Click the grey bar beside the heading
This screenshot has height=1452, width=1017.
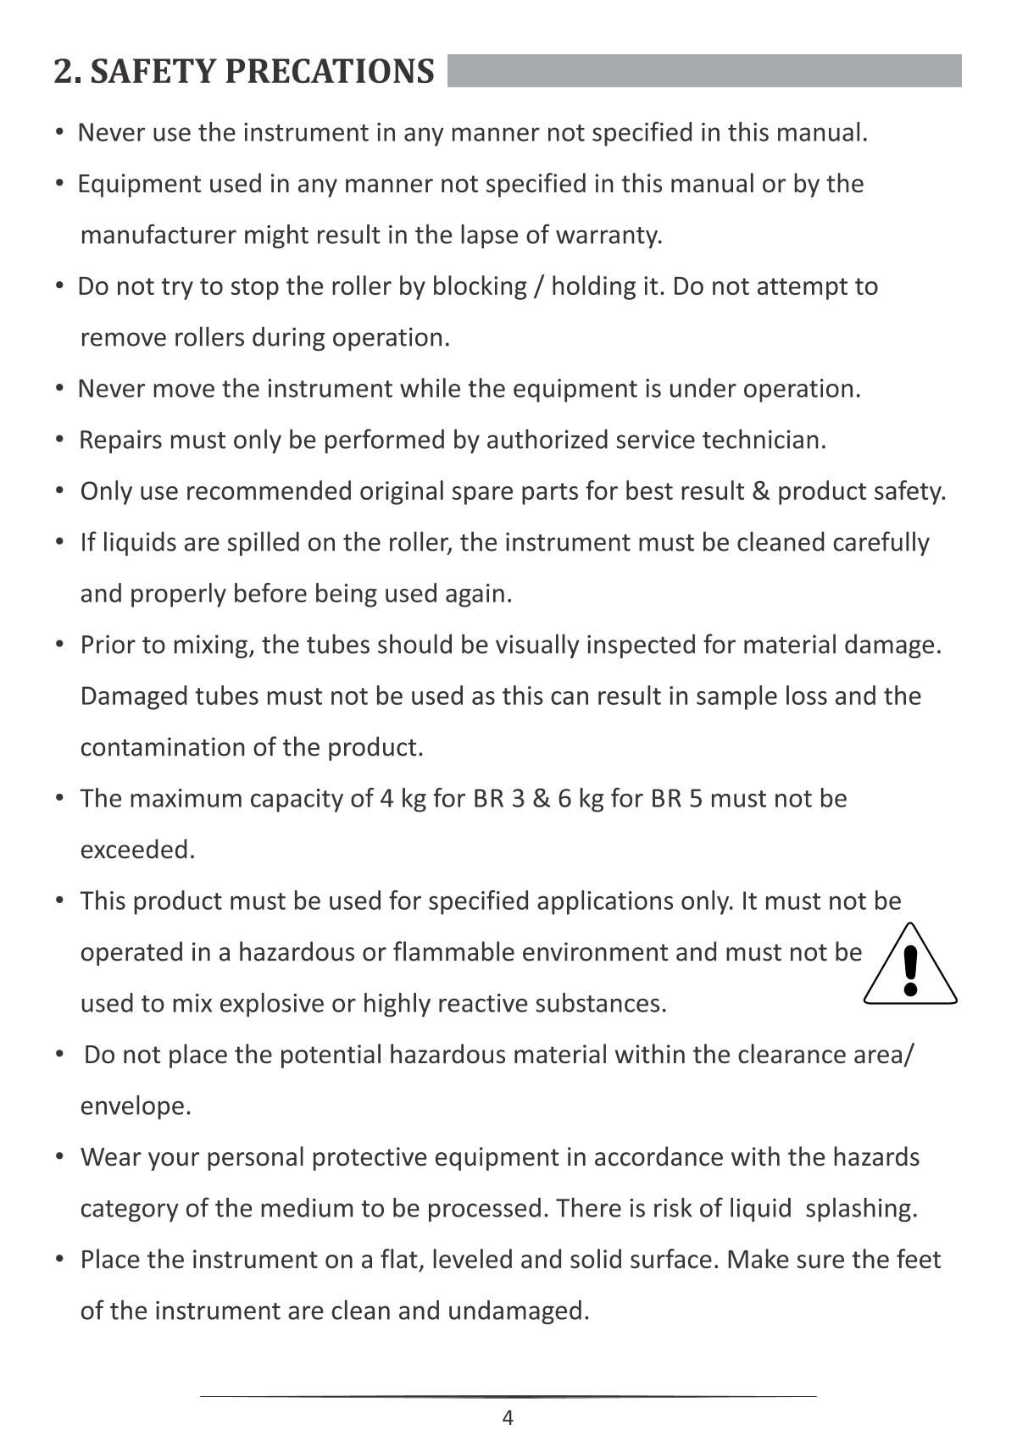click(703, 71)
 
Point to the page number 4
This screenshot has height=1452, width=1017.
click(508, 1418)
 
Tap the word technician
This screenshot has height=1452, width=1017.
click(764, 441)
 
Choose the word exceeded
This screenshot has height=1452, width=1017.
click(137, 850)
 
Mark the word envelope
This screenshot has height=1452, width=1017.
click(136, 1106)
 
